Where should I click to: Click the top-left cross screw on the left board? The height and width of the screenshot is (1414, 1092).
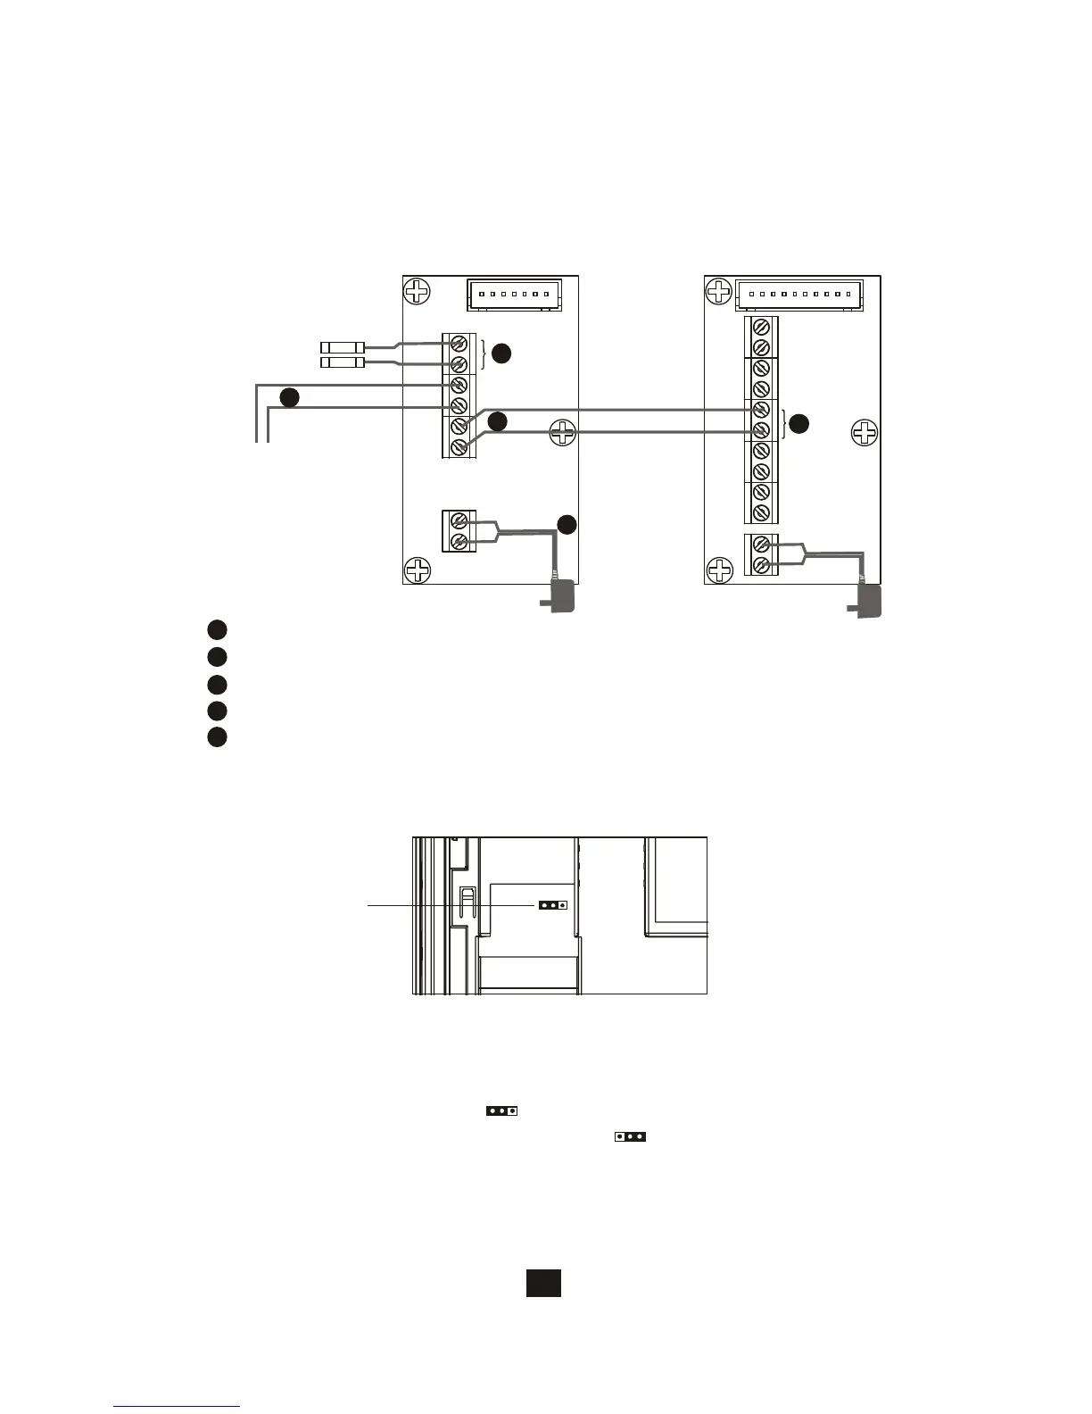417,291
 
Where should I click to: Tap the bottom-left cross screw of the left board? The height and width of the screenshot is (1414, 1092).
417,570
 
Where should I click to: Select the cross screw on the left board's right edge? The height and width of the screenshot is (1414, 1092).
563,434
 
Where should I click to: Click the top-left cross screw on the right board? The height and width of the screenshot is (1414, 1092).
718,291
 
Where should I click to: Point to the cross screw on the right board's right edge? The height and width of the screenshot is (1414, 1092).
864,434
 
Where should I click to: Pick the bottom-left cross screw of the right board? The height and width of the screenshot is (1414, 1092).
719,570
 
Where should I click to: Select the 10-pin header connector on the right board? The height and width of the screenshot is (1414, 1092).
799,294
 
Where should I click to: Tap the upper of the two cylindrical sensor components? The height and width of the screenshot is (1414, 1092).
342,346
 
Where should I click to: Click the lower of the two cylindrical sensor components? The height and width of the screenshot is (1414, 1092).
342,362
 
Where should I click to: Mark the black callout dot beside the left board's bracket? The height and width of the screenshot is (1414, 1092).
502,353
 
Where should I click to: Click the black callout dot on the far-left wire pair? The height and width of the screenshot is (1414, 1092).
288,397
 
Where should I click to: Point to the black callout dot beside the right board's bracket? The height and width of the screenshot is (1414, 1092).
798,424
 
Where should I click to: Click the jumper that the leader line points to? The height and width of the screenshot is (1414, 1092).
552,904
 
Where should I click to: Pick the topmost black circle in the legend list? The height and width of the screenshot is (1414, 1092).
217,629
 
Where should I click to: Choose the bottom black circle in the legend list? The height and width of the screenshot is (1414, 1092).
217,737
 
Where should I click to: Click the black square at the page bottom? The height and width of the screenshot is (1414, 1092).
543,1283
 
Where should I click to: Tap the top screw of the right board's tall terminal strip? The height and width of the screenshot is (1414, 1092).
762,327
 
